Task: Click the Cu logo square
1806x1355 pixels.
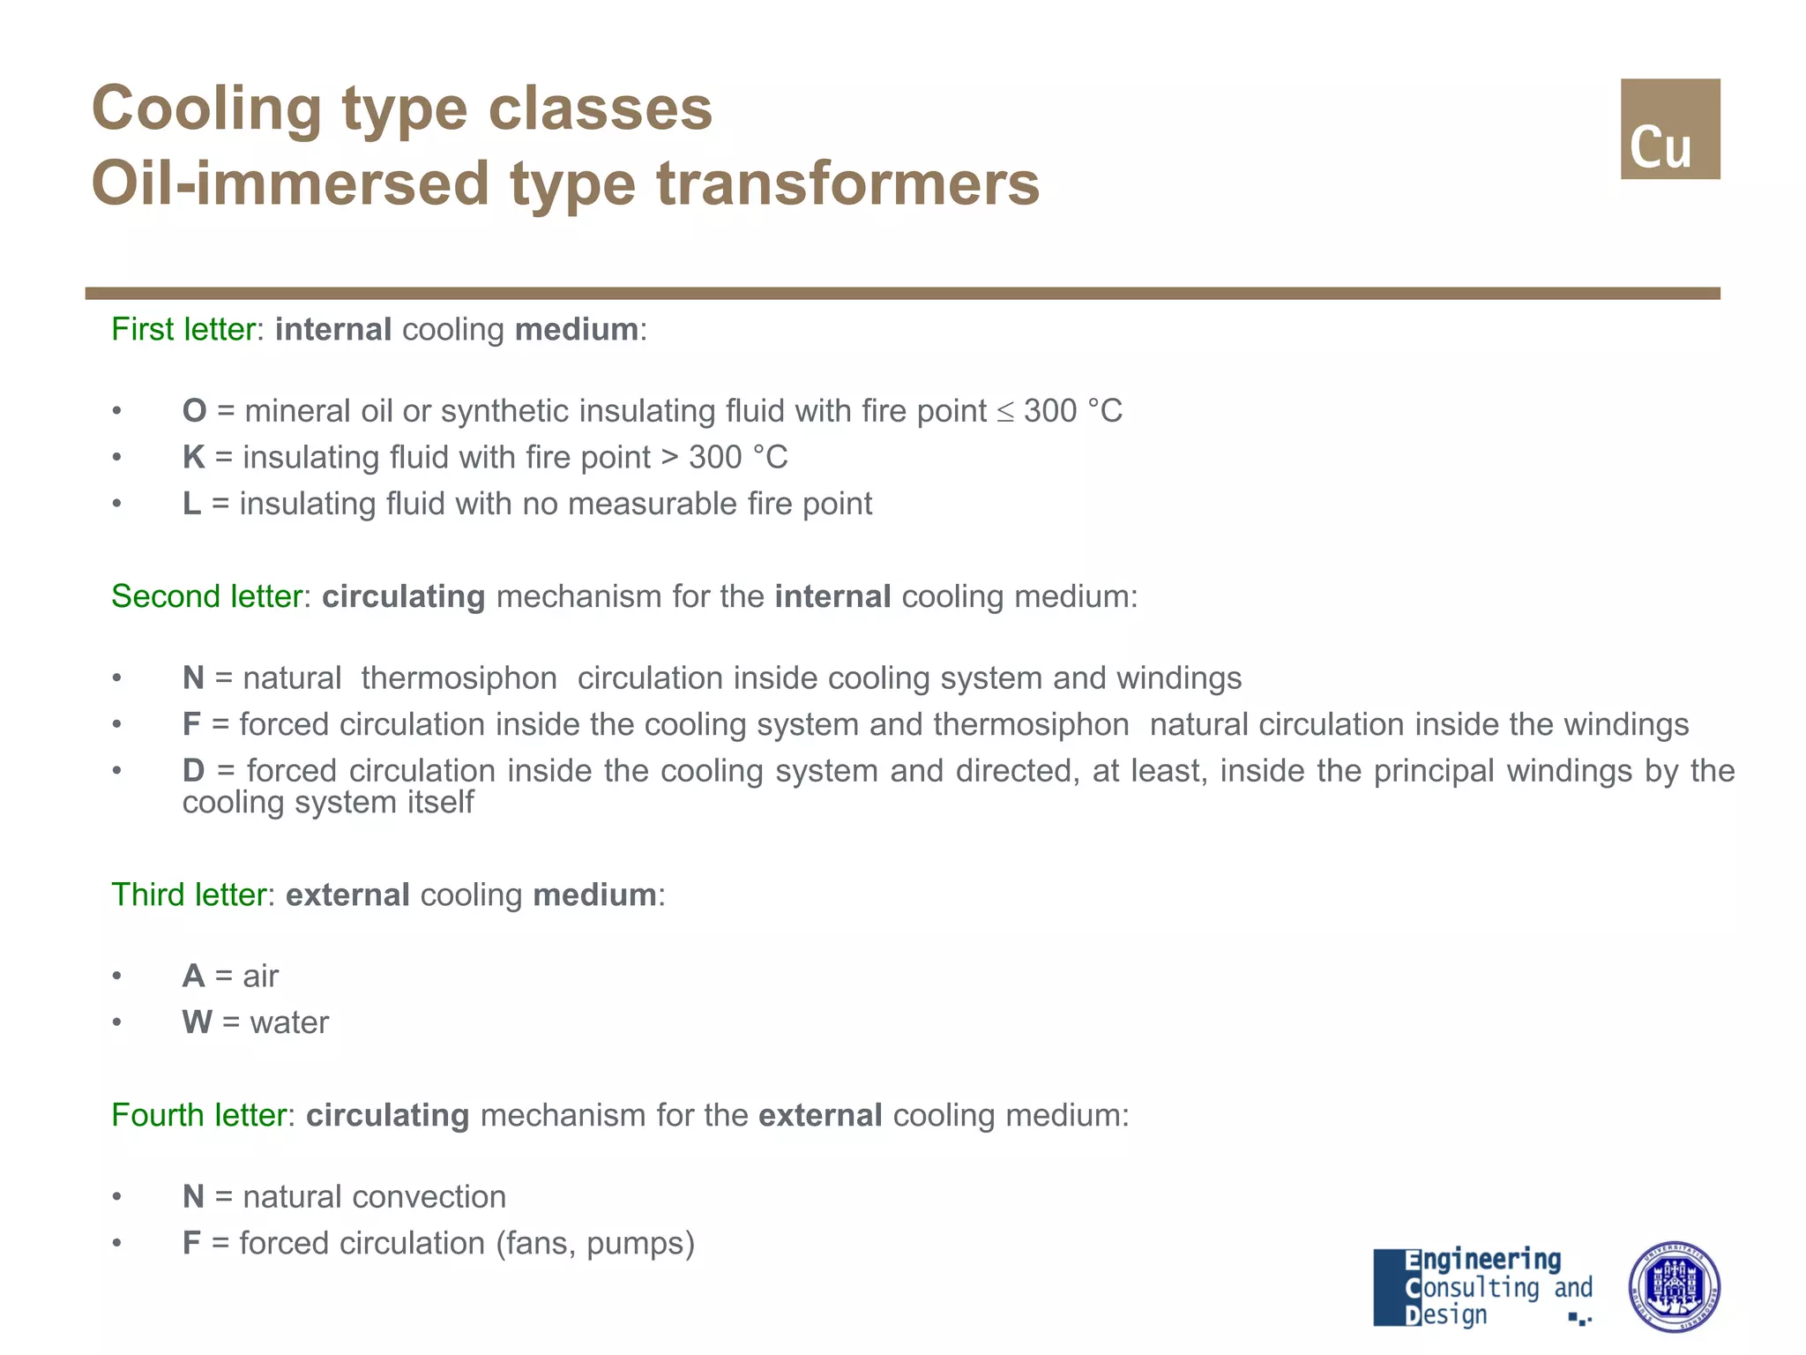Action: pyautogui.click(x=1669, y=129)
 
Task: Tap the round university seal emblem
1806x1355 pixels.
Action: pyautogui.click(x=1673, y=1286)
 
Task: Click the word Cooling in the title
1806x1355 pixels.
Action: pyautogui.click(x=206, y=109)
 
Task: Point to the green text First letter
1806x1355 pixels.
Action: pyautogui.click(x=183, y=329)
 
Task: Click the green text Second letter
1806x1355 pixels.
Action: pyautogui.click(x=206, y=596)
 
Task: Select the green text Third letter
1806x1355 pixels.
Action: pyautogui.click(x=188, y=895)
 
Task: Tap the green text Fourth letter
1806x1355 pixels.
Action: pyautogui.click(x=198, y=1115)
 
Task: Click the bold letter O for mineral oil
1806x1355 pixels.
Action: pyautogui.click(x=194, y=411)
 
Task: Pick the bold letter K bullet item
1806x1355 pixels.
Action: pyautogui.click(x=193, y=457)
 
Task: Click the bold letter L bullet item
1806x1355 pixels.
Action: pyautogui.click(x=190, y=504)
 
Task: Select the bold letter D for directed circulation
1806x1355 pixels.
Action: pyautogui.click(x=193, y=770)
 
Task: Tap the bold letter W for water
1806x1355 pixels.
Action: pyautogui.click(x=197, y=1022)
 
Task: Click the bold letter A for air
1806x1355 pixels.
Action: pyautogui.click(x=193, y=977)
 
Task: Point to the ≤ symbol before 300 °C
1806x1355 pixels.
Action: pyautogui.click(x=1005, y=412)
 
